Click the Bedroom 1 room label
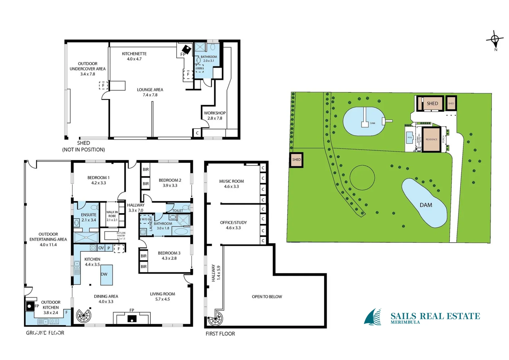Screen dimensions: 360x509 tap(98, 180)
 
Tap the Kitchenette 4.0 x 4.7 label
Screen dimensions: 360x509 tap(134, 56)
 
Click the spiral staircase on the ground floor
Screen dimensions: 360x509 tap(83, 315)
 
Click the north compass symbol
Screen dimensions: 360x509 tap(495, 40)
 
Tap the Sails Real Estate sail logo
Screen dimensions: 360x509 tap(373, 317)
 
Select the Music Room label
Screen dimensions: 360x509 tap(231, 184)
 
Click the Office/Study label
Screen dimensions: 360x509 tap(233, 225)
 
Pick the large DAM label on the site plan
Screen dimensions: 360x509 tap(426, 205)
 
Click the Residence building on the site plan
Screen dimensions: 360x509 tap(431, 139)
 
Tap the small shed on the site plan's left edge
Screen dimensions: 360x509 tap(296, 160)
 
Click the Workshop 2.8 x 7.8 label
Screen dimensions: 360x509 tap(215, 115)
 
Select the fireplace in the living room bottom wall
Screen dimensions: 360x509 tap(132, 319)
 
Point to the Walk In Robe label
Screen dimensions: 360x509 tap(112, 216)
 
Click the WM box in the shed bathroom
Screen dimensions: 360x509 tap(199, 68)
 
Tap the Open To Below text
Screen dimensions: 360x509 tap(267, 297)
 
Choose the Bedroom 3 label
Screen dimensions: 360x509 tap(169, 255)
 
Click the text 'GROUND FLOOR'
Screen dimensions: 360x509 tap(45, 333)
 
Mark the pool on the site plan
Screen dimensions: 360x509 tap(410, 138)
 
